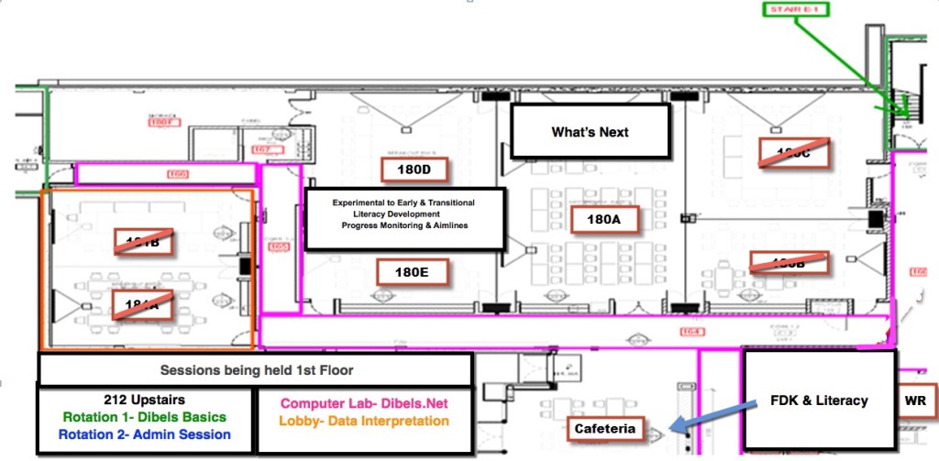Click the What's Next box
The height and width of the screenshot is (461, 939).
pos(590,131)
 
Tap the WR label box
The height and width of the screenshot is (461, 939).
pos(914,401)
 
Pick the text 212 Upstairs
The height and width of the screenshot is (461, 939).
pos(144,400)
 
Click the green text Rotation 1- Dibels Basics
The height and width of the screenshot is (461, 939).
pos(144,417)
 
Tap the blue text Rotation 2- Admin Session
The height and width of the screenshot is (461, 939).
pos(144,434)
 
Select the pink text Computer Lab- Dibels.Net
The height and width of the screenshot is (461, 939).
pos(364,403)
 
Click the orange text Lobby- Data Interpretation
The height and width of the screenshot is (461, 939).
pos(364,422)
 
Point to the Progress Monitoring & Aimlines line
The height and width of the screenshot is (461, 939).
pos(404,225)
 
